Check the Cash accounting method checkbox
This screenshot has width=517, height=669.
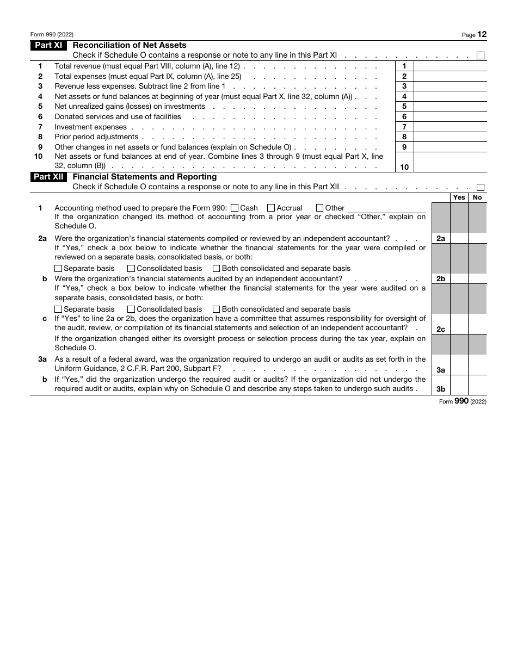235,208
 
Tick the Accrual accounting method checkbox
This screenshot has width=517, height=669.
271,208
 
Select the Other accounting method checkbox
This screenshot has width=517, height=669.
320,208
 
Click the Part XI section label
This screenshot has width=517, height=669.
48,46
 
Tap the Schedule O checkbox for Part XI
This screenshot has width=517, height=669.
481,55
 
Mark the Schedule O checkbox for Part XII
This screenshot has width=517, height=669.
481,187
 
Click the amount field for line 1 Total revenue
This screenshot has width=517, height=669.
450,66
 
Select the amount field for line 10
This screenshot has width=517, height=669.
450,162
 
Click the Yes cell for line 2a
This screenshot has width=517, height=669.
459,238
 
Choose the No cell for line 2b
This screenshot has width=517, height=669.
477,278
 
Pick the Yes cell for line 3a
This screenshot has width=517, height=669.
459,365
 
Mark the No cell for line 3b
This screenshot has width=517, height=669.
477,385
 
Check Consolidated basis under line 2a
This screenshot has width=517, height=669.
131,268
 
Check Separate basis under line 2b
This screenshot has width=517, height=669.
59,309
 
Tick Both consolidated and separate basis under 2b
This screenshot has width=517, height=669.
217,309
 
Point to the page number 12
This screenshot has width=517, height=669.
482,34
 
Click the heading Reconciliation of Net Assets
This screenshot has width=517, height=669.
130,46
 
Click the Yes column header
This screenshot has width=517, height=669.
459,197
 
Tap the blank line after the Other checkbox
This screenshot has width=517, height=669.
386,208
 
